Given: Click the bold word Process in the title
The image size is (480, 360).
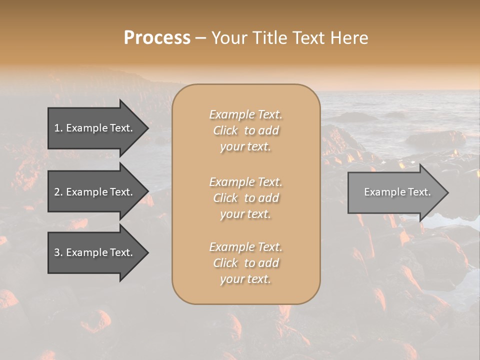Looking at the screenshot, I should tap(157, 38).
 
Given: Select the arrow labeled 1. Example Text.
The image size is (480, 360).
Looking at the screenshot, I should tap(95, 128).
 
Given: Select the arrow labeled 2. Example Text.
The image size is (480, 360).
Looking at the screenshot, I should tap(95, 192).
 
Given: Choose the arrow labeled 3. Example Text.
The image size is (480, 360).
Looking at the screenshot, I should tap(95, 252).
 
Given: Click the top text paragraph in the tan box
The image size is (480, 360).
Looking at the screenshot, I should tap(245, 130).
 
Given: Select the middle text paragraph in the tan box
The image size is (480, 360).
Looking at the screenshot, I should tap(245, 198).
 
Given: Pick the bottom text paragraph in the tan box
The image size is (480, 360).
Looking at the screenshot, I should tap(245, 263).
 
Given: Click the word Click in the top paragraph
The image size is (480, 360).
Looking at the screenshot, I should tap(225, 130).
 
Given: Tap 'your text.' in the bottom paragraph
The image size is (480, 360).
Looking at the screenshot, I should tap(245, 279).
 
